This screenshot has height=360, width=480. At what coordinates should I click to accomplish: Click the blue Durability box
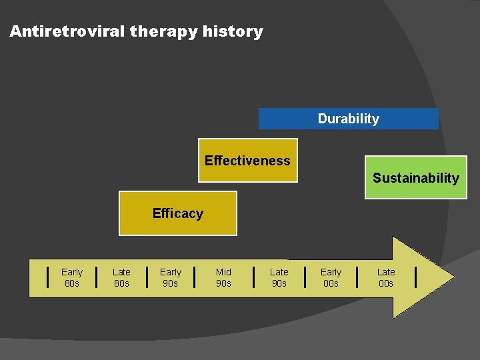348,119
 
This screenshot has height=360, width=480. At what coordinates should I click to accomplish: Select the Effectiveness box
248,161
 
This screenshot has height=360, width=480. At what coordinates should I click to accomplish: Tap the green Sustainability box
416,178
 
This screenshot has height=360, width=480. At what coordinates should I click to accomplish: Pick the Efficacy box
178,213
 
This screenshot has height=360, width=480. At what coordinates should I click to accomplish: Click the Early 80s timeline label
72,277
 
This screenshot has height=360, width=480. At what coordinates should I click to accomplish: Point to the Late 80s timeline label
121,277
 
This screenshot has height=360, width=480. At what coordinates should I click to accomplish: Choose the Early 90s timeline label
171,277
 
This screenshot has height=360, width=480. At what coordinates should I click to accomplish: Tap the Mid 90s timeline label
224,277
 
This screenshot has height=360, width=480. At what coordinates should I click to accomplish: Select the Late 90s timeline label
279,277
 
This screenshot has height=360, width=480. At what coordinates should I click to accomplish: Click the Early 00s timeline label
331,277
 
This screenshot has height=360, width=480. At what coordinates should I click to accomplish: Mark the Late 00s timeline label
386,277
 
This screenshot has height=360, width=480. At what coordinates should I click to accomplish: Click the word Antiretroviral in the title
67,31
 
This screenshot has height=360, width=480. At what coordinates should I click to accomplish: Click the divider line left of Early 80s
47,276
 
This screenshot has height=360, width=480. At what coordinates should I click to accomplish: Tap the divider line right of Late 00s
417,276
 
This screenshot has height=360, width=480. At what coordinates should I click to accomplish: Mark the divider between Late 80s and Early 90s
147,276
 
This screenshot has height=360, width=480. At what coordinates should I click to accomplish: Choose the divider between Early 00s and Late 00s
357,276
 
